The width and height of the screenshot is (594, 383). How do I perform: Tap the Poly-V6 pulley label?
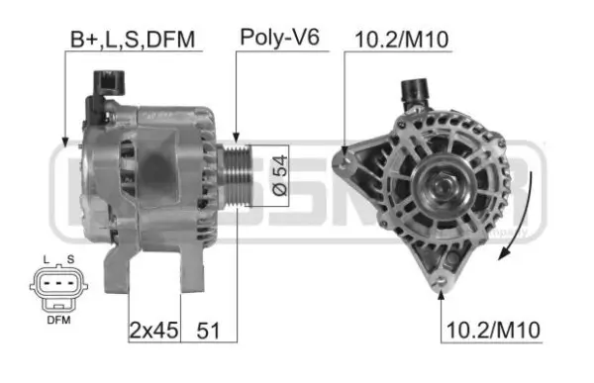pos(279,38)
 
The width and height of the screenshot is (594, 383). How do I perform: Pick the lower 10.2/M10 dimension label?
pos(491,330)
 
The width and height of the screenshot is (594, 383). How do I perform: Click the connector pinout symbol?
pos(57,290)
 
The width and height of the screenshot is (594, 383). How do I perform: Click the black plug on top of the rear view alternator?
pos(414,92)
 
